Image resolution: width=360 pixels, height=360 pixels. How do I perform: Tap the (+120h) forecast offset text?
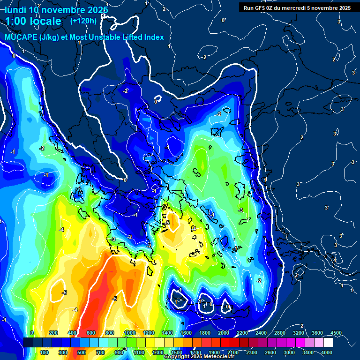pyautogui.click(x=83, y=21)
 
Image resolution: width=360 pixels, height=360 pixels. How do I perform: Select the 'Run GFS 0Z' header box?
pyautogui.click(x=297, y=7)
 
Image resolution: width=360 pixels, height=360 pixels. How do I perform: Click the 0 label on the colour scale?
pyautogui.click(x=32, y=333)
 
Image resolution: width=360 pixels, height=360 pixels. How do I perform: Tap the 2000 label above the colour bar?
pyautogui.click(x=223, y=333)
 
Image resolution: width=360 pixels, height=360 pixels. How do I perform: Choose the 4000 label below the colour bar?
pyautogui.click(x=327, y=352)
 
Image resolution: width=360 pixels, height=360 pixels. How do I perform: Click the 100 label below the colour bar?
pyautogui.click(x=45, y=352)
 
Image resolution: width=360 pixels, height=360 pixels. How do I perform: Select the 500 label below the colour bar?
pyautogui.click(x=82, y=352)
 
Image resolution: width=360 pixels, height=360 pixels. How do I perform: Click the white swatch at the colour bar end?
pyautogui.click(x=328, y=343)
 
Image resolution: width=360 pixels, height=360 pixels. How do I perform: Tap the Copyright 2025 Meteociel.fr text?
pyautogui.click(x=199, y=357)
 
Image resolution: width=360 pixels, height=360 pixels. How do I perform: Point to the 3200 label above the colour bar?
pyautogui.click(x=299, y=333)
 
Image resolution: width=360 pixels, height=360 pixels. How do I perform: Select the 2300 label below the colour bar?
pyautogui.click(x=252, y=352)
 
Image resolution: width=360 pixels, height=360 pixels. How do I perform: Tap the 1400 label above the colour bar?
pyautogui.click(x=167, y=333)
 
